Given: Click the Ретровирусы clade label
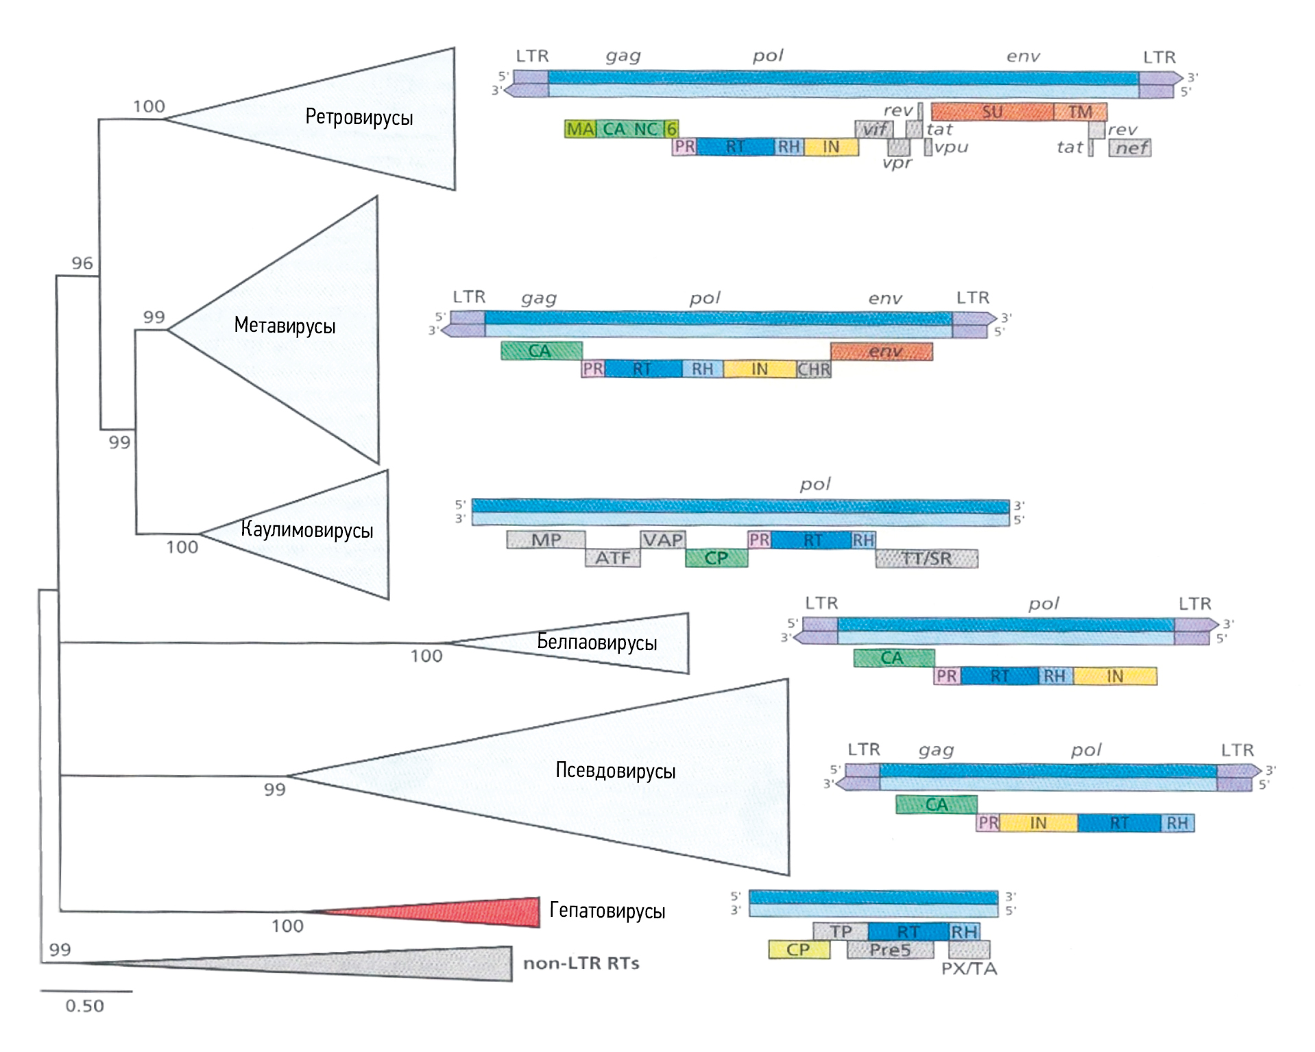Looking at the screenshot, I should (x=359, y=117).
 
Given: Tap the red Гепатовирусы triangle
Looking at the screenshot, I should (x=480, y=912).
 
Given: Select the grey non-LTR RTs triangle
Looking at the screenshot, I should (x=411, y=963).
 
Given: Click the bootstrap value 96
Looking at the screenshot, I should (x=82, y=263).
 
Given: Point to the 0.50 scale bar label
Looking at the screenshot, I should (x=84, y=1006).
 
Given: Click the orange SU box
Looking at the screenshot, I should (x=991, y=112).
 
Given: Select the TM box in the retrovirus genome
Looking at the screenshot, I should (x=1081, y=112).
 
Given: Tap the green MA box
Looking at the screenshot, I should (x=580, y=129).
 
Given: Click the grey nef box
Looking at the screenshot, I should (x=1130, y=147).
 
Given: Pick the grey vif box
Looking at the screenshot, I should (x=873, y=129).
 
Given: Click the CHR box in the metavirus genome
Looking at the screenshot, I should (x=814, y=370).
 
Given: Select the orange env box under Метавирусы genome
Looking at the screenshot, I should (x=882, y=352).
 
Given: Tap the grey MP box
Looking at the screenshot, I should (x=546, y=540).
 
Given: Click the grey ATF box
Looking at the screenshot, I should (x=612, y=558).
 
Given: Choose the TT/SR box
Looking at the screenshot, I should (x=926, y=559).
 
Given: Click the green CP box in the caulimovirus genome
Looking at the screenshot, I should (x=716, y=558).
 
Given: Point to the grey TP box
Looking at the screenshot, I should (x=841, y=931).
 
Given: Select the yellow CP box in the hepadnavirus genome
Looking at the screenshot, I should (x=799, y=950).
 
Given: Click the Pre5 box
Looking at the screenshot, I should (x=890, y=950).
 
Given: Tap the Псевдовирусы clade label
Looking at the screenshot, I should (x=615, y=771).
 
